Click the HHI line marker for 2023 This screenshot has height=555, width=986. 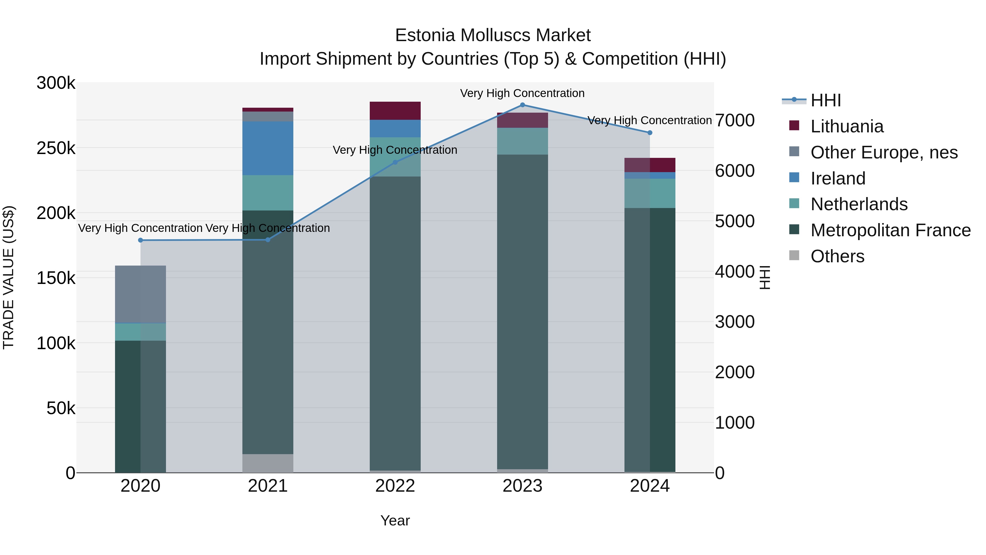click(523, 105)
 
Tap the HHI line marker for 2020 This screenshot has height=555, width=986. click(141, 240)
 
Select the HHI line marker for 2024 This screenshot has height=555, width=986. click(650, 133)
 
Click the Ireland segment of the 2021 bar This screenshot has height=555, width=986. click(268, 148)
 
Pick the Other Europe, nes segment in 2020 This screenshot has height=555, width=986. click(141, 294)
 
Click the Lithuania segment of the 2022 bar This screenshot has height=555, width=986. click(395, 111)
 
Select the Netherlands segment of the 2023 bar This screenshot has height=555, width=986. click(523, 141)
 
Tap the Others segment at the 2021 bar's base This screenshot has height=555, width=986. click(268, 463)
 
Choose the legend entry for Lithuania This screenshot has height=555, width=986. click(847, 126)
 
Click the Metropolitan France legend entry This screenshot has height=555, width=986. click(890, 230)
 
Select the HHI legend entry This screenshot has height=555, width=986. click(825, 100)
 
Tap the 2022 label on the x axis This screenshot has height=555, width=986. click(395, 486)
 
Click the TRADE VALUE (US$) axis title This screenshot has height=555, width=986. click(8, 277)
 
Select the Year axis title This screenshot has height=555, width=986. click(395, 520)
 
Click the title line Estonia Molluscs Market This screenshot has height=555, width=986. click(493, 35)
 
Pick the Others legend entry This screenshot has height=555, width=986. click(837, 256)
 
